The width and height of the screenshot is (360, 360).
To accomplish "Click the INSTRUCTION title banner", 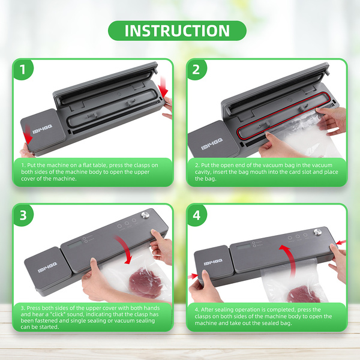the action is pyautogui.click(x=177, y=31).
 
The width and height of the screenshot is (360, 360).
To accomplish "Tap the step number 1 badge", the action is pyautogui.click(x=23, y=70).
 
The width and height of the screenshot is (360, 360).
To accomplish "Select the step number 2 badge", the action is pyautogui.click(x=197, y=70).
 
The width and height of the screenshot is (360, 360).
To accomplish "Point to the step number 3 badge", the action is pyautogui.click(x=23, y=215).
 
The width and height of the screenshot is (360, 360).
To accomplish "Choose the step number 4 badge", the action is pyautogui.click(x=197, y=215).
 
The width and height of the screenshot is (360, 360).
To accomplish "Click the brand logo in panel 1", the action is pyautogui.click(x=42, y=129).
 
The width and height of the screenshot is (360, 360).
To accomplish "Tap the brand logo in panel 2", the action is pyautogui.click(x=212, y=144).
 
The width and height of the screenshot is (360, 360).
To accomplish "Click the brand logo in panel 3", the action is pyautogui.click(x=47, y=268).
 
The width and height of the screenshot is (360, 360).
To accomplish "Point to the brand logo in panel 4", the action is pyautogui.click(x=213, y=262).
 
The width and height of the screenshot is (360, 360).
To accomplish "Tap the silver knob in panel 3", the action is pyautogui.click(x=145, y=215).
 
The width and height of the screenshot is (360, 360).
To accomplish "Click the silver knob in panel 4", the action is pyautogui.click(x=317, y=232).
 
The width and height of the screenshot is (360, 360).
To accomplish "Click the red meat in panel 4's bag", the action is pyautogui.click(x=304, y=295).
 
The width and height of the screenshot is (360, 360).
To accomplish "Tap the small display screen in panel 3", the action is pyautogui.click(x=75, y=244).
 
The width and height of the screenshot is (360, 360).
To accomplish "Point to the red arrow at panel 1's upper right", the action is pyautogui.click(x=164, y=87).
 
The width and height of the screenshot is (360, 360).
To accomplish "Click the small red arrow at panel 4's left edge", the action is pyautogui.click(x=193, y=275).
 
